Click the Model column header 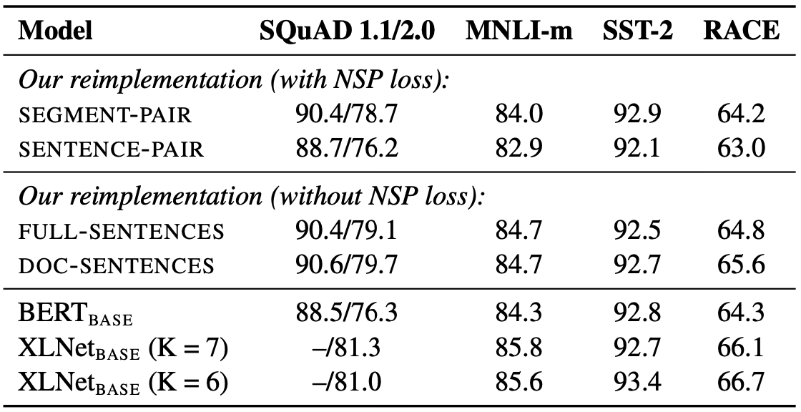tap(55, 31)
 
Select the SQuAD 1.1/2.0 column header tap(347, 31)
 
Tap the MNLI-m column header tap(519, 31)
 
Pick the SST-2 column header tap(637, 31)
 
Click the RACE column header tap(741, 31)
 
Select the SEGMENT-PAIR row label tap(104, 116)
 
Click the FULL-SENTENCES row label tap(121, 232)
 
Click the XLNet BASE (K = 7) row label tap(123, 349)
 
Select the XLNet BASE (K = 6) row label tap(123, 383)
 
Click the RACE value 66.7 tap(741, 381)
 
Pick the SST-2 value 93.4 tap(637, 381)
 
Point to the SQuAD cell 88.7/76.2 tap(346, 148)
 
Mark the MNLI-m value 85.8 tap(519, 348)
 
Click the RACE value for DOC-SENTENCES tap(741, 265)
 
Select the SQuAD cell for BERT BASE tap(346, 313)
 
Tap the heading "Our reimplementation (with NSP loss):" tap(233, 82)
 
